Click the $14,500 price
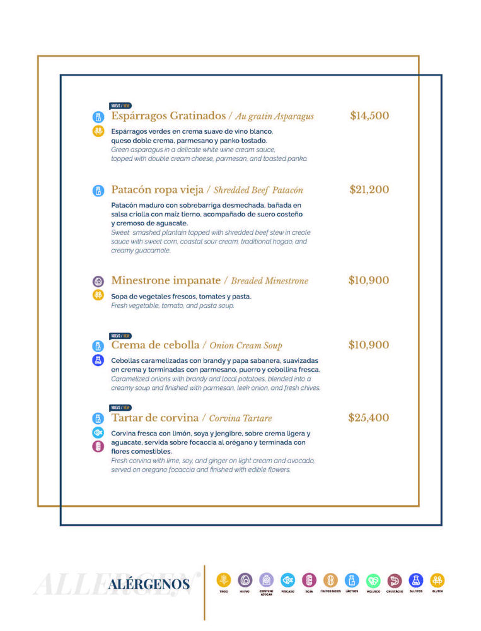pyautogui.click(x=369, y=116)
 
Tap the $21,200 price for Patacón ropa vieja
pyautogui.click(x=369, y=190)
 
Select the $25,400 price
pyautogui.click(x=369, y=418)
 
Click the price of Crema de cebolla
pyautogui.click(x=369, y=345)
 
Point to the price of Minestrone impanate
pyautogui.click(x=369, y=281)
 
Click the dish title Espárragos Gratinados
pyautogui.click(x=168, y=116)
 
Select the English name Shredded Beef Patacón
pyautogui.click(x=258, y=190)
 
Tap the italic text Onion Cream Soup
pyautogui.click(x=246, y=346)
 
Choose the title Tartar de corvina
pyautogui.click(x=154, y=418)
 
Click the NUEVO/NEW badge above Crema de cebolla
pyautogui.click(x=120, y=336)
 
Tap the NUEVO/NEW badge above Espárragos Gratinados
pyautogui.click(x=120, y=106)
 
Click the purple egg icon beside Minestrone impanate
pyautogui.click(x=98, y=281)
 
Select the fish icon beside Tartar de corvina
pyautogui.click(x=98, y=432)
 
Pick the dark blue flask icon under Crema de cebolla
pyautogui.click(x=98, y=360)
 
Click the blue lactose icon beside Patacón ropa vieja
pyautogui.click(x=98, y=191)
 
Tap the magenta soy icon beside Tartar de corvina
pyautogui.click(x=98, y=446)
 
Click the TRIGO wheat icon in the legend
pyautogui.click(x=224, y=580)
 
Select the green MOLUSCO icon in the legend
pyautogui.click(x=373, y=581)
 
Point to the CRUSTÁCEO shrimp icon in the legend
pyautogui.click(x=395, y=581)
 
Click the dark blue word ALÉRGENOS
pyautogui.click(x=149, y=584)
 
